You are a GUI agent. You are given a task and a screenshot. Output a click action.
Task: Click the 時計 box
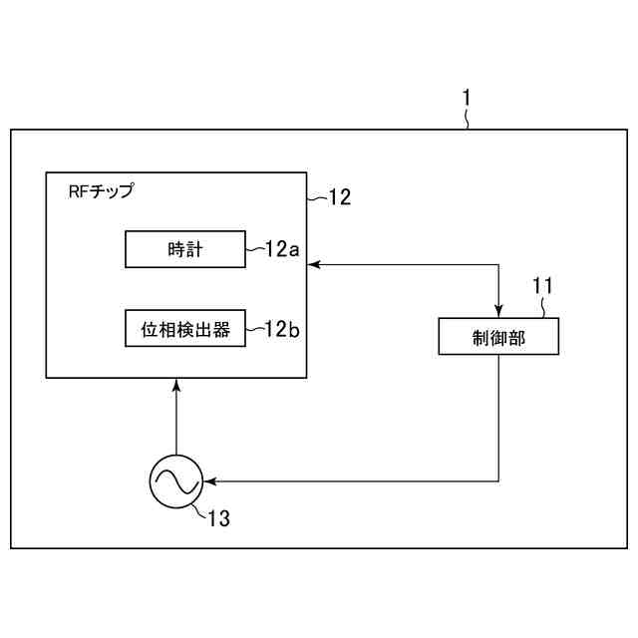tap(184, 249)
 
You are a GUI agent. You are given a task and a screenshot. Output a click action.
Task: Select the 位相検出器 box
tap(184, 329)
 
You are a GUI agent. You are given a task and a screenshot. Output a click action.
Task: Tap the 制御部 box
tap(498, 337)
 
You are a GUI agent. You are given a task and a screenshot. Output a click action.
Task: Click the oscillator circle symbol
tap(175, 482)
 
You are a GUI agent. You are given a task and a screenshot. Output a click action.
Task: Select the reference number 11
tap(541, 286)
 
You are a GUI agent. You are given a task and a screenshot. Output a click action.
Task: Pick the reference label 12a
tap(282, 249)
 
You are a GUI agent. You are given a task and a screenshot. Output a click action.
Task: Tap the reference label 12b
tap(282, 329)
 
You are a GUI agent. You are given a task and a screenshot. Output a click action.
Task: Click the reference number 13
tap(219, 518)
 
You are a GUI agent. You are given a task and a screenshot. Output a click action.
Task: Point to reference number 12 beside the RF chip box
tap(339, 197)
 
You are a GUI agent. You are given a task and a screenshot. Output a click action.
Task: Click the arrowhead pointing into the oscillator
tap(208, 482)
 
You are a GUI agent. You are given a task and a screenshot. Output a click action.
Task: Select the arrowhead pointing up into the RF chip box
tap(175, 385)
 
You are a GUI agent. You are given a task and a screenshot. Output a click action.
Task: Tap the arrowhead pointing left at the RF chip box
tap(312, 264)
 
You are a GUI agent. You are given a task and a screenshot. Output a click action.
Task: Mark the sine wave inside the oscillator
tap(175, 482)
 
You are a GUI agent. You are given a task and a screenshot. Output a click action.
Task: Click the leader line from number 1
tap(469, 120)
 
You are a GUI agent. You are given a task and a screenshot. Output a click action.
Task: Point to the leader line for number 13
tap(198, 507)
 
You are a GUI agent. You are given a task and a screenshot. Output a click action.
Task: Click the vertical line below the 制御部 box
tap(498, 419)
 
